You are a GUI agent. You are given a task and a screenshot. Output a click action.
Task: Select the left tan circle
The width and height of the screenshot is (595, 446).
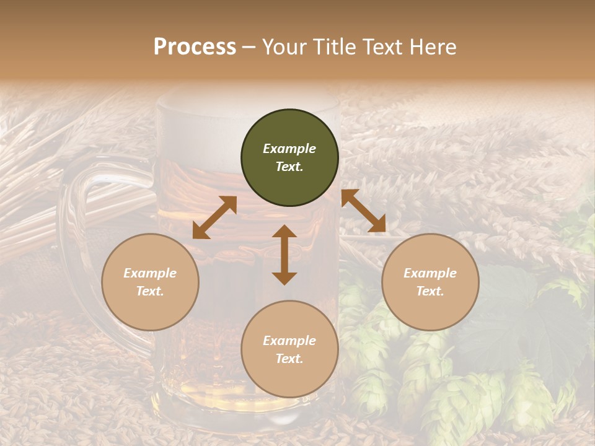150,282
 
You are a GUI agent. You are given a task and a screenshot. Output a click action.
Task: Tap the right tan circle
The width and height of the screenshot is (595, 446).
430,282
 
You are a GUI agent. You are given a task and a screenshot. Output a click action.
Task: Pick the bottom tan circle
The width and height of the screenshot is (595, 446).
289,349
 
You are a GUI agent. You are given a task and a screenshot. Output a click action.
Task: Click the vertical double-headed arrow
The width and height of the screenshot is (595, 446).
284,255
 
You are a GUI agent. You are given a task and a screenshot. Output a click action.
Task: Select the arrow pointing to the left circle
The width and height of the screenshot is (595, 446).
214,217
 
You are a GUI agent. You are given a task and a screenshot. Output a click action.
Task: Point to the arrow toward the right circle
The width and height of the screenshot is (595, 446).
364,211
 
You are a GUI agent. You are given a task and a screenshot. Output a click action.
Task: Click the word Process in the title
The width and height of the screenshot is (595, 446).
195,46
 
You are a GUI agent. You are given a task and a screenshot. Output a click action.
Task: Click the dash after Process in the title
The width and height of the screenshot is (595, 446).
249,47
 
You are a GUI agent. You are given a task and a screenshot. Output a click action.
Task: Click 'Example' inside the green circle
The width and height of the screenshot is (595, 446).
289,149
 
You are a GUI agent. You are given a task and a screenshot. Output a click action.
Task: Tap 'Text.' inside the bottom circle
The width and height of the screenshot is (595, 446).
289,359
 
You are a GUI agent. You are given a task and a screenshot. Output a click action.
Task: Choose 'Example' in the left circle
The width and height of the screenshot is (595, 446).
150,273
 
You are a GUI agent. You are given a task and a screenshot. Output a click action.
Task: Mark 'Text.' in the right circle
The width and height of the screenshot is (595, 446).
430,291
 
